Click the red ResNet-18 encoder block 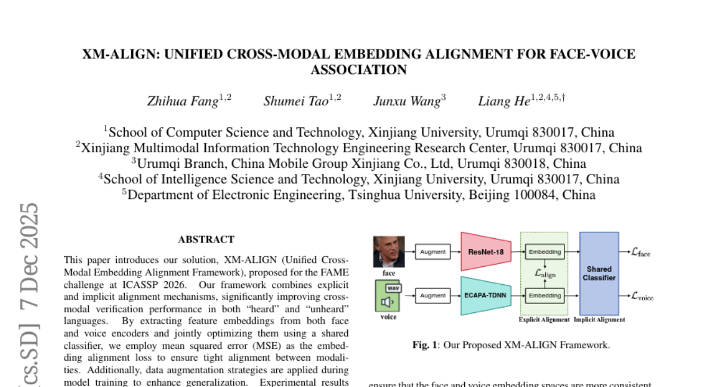[x=486, y=252]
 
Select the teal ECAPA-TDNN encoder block [x=486, y=295]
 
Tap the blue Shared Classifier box [x=599, y=274]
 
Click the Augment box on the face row [x=433, y=252]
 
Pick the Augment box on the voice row [x=433, y=295]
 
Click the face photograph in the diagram [x=389, y=251]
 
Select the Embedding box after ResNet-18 [x=545, y=252]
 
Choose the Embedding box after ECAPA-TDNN [x=545, y=295]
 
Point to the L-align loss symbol [x=545, y=274]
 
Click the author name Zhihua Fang [x=183, y=102]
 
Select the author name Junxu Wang [x=407, y=102]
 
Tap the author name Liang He [x=504, y=102]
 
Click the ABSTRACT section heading [x=206, y=239]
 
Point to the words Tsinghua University [x=405, y=195]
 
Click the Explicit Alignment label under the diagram [x=544, y=320]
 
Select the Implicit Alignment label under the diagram [x=599, y=320]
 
